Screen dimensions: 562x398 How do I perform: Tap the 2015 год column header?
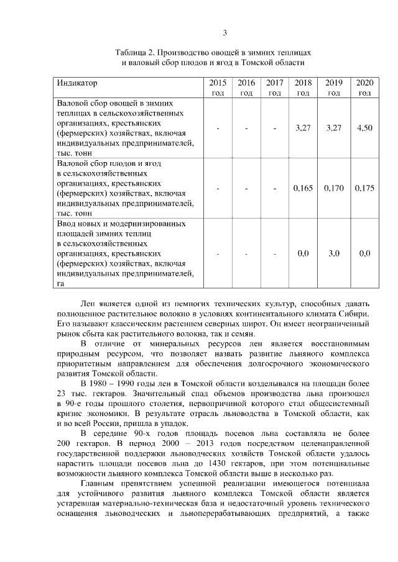(x=218, y=88)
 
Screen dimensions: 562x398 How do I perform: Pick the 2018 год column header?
(x=303, y=88)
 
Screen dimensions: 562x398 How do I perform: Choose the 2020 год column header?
(x=364, y=88)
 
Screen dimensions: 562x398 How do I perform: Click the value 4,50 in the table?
(x=364, y=127)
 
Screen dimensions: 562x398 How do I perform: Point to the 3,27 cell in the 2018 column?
(x=303, y=127)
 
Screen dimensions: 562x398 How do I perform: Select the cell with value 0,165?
(x=303, y=188)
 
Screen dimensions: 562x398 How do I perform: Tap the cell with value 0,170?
(x=334, y=188)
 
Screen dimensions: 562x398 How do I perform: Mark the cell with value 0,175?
(x=364, y=188)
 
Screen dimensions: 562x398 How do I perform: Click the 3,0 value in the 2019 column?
(x=334, y=253)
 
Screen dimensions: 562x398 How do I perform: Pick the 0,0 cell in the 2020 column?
(x=364, y=253)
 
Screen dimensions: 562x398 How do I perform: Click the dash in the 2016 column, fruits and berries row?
(x=246, y=188)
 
